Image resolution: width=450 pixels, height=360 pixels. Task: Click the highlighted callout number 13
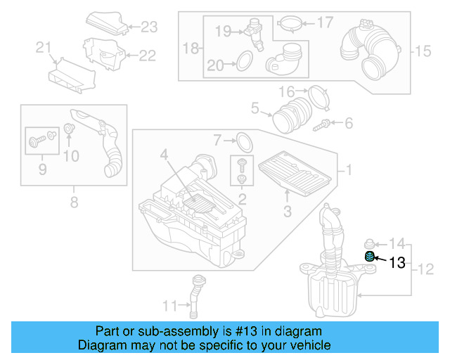[x=397, y=263]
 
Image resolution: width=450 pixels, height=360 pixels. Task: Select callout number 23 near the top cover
[x=149, y=27]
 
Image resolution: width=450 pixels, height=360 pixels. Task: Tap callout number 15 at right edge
[x=421, y=51]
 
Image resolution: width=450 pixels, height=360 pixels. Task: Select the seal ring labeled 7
[x=243, y=141]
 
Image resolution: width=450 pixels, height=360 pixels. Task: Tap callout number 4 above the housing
[x=163, y=154]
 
